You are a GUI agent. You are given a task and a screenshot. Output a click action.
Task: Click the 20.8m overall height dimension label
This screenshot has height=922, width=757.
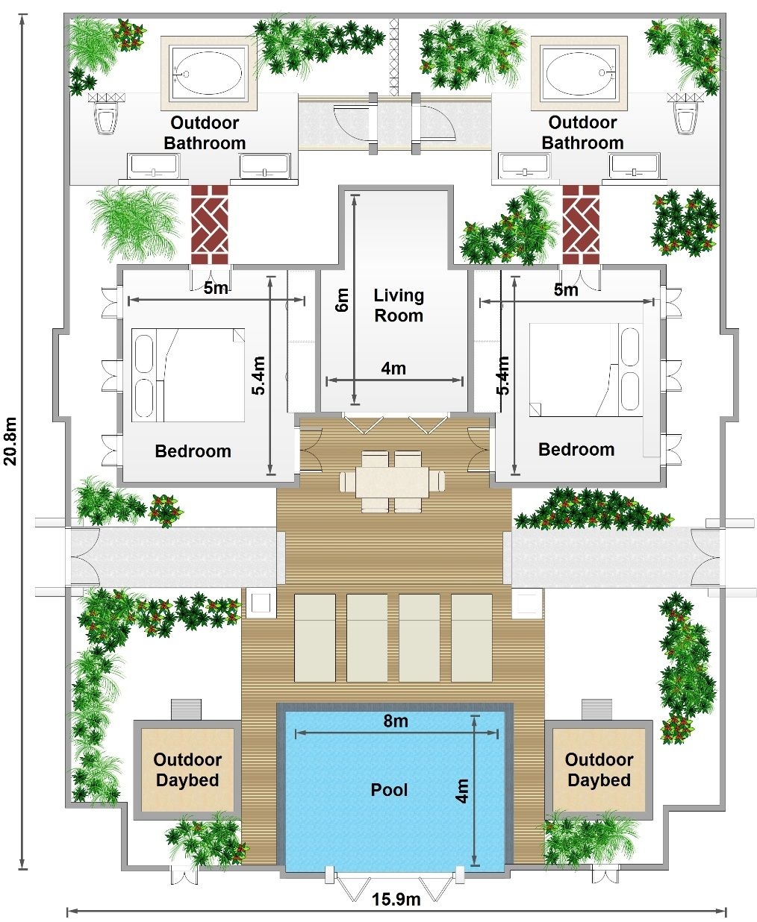point(10,440)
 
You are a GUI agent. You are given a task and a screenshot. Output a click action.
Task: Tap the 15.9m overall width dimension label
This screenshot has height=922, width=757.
point(396,899)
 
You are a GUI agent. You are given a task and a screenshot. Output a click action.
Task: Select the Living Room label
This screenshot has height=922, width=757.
point(399,305)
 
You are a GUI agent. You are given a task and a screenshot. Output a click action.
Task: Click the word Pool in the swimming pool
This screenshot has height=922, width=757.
point(389,789)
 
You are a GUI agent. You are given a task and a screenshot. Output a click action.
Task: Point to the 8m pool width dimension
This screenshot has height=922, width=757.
point(396,721)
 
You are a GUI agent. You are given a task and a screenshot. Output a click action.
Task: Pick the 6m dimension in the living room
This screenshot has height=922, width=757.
point(343,300)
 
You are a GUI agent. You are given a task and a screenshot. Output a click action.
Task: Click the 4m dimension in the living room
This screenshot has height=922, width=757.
point(393,368)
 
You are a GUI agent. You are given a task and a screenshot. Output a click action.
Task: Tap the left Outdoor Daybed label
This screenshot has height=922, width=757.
point(187,770)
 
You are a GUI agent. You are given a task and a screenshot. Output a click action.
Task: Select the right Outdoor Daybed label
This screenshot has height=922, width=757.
point(599,770)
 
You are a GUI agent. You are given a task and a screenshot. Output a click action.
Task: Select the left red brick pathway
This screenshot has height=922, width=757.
point(209,219)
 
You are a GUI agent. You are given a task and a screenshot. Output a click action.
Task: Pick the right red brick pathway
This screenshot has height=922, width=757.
point(580,219)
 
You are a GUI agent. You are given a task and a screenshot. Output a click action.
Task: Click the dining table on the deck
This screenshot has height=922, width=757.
point(391,482)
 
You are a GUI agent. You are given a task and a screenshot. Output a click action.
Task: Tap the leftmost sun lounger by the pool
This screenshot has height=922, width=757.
point(314,638)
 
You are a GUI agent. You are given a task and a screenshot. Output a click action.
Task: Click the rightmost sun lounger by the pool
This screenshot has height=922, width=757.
point(471,638)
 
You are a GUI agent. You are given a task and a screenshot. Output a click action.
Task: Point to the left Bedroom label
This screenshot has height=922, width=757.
point(193,451)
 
